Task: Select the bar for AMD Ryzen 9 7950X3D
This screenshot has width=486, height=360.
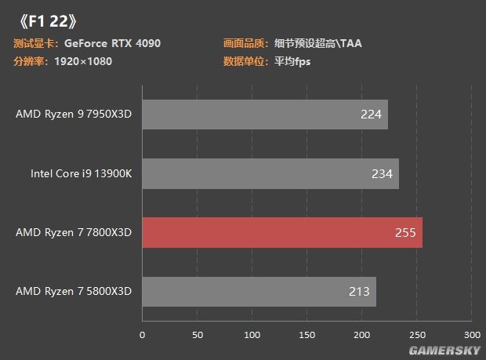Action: (264, 115)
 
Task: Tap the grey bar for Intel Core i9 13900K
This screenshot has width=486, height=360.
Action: (270, 173)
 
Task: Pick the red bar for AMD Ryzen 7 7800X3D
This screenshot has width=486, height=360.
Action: (281, 232)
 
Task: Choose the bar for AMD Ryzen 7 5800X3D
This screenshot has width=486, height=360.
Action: (259, 292)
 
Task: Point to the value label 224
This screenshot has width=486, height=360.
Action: (371, 115)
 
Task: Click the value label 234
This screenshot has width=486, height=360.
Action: (382, 173)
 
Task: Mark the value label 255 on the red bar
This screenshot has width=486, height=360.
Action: (405, 232)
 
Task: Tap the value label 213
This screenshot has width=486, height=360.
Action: (359, 292)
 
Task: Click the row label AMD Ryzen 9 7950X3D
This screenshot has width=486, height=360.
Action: (74, 115)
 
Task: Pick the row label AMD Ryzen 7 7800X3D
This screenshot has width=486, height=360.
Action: (74, 232)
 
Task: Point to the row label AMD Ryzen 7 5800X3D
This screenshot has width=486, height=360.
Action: (74, 292)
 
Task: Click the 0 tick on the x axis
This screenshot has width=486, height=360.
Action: (142, 335)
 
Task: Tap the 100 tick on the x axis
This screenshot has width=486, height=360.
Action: (252, 335)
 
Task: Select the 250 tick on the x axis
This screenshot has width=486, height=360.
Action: (417, 335)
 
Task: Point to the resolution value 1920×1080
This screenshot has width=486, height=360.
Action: (83, 61)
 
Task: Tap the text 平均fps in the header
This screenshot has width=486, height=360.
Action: (292, 61)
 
